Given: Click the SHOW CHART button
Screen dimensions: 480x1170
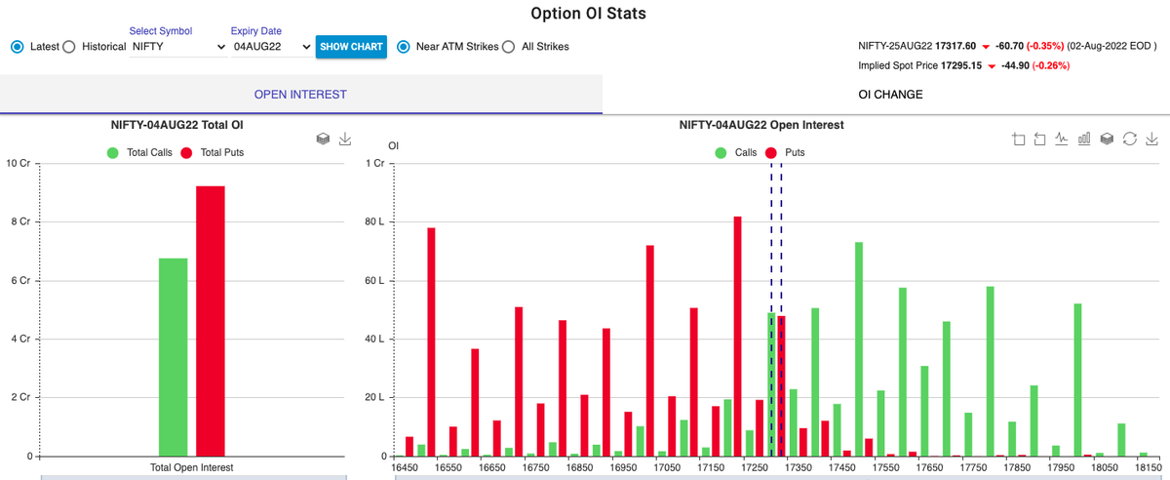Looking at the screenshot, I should click(x=351, y=47).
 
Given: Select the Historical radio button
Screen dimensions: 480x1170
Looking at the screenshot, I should click(x=69, y=47).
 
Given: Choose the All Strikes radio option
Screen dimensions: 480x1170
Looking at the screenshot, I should click(x=508, y=47).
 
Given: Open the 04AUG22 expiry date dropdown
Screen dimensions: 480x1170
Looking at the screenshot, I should click(x=271, y=47).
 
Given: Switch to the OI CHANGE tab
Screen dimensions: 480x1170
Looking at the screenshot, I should click(x=889, y=95).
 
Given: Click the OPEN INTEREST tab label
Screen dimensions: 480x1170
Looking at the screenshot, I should click(x=300, y=95).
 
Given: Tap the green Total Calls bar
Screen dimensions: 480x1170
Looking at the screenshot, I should click(x=173, y=356).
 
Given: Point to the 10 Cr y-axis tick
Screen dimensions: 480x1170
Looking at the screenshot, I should click(x=19, y=163).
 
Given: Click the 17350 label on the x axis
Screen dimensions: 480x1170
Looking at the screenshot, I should click(x=798, y=468).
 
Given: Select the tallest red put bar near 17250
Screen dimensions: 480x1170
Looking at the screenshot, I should click(x=737, y=336).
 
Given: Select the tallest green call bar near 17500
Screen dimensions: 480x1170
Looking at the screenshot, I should click(x=859, y=348).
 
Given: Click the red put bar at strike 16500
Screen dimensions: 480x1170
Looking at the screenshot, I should click(x=431, y=341).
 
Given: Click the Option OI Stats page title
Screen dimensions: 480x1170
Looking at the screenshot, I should click(x=588, y=14).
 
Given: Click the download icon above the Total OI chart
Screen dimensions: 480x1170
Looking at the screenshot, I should click(x=345, y=140).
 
